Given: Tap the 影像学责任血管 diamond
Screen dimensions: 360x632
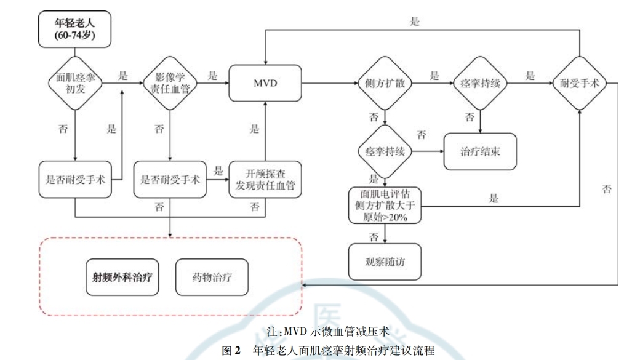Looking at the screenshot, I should click(169, 82).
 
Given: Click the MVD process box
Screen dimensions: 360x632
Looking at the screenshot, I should click(266, 82).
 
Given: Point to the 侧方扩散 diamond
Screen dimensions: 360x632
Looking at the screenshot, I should click(384, 82).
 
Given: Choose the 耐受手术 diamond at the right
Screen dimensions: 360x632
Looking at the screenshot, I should click(579, 82).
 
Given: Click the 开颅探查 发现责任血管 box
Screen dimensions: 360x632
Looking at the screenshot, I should click(266, 180).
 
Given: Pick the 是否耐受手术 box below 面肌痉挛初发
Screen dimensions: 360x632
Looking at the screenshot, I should click(74, 180).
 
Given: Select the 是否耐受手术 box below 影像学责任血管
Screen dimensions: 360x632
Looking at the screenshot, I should click(170, 180).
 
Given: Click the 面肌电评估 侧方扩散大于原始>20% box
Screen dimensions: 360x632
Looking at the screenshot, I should click(385, 206).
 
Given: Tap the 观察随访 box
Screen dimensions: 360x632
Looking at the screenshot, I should click(385, 260).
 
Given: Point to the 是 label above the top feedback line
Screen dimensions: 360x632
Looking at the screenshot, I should click(415, 21).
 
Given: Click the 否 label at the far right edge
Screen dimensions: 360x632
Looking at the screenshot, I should click(607, 190).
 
